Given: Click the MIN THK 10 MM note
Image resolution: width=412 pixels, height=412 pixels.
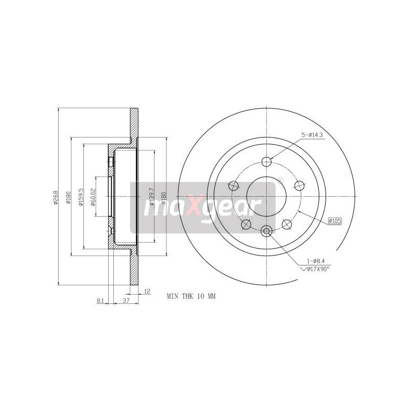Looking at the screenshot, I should point(190,297).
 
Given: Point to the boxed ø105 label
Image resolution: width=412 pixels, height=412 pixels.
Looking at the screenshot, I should point(335,221).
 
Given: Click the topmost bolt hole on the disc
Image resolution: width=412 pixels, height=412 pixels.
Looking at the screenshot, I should point(266,162).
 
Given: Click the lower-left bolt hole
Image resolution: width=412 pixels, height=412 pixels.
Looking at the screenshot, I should point(246,224).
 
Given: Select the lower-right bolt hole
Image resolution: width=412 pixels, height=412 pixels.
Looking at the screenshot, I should point(287,224).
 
